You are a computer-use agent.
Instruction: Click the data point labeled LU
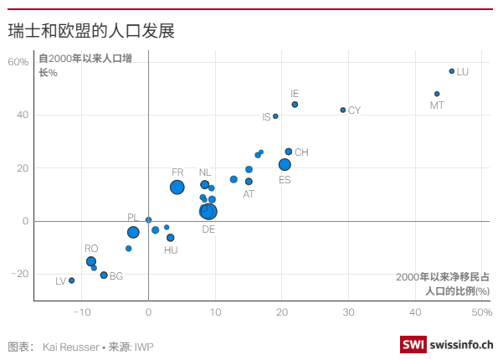452,71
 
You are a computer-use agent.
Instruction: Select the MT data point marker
437,94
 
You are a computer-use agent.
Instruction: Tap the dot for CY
343,110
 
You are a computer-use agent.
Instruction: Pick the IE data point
295,105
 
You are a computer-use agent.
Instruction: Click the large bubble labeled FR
177,188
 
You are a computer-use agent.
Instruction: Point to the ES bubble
285,165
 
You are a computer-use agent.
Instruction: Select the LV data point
71,280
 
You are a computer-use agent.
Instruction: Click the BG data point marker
104,275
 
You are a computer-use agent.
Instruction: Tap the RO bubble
91,261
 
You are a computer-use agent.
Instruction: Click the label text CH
301,152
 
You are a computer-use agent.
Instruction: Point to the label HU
171,250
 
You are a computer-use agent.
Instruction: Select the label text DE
208,229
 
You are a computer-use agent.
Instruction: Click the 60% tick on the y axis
19,62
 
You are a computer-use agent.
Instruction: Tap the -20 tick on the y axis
19,274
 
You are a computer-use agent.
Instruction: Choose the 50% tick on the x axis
480,312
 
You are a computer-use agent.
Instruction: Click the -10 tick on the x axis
81,312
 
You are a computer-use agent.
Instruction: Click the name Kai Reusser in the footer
68,346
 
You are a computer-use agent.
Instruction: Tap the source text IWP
144,346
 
